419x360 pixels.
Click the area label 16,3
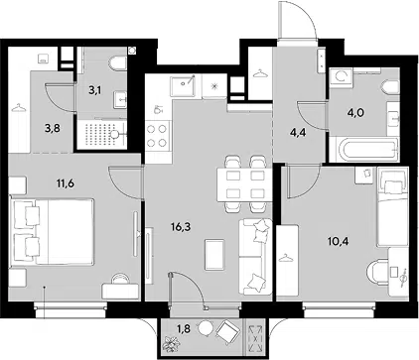pyautogui.click(x=181, y=227)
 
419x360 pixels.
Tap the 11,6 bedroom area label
pyautogui.click(x=65, y=182)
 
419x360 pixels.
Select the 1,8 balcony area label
pyautogui.click(x=185, y=329)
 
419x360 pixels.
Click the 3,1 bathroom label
pyautogui.click(x=94, y=90)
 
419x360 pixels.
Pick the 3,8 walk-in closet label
pyautogui.click(x=53, y=128)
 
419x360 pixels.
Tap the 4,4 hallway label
pyautogui.click(x=297, y=135)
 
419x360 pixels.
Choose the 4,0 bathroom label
pyautogui.click(x=355, y=113)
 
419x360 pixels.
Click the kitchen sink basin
pyautogui.click(x=183, y=86)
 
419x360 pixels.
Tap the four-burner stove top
pyautogui.click(x=157, y=136)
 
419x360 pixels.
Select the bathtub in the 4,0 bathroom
pyautogui.click(x=366, y=150)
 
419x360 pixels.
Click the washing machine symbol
pyautogui.click(x=341, y=77)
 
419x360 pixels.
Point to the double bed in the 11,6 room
pyautogui.click(x=53, y=231)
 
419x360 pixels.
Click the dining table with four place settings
pyautogui.click(x=245, y=184)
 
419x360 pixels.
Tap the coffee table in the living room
pyautogui.click(x=214, y=255)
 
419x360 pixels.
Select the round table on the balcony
pyautogui.click(x=206, y=329)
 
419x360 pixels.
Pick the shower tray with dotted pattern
pyautogui.click(x=102, y=134)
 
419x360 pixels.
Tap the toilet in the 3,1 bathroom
pyautogui.click(x=119, y=63)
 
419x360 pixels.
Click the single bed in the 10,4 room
pyautogui.click(x=392, y=207)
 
